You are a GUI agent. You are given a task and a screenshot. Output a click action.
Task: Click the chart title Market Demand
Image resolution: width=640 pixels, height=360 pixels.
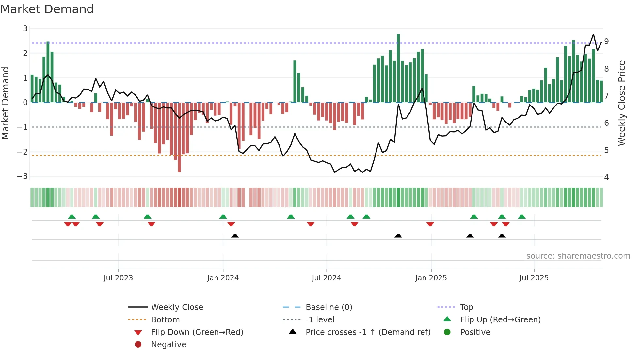[47, 9]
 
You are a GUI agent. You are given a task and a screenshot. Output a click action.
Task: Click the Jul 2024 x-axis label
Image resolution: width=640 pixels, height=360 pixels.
[326, 278]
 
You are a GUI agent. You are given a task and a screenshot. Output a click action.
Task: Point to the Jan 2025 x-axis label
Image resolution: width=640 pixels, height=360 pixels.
[431, 278]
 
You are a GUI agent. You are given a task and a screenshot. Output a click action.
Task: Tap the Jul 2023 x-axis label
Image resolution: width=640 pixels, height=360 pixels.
[118, 278]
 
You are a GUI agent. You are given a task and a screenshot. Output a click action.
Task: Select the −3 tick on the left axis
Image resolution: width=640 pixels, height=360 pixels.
[23, 176]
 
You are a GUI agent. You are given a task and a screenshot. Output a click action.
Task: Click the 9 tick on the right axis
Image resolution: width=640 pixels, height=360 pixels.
[606, 41]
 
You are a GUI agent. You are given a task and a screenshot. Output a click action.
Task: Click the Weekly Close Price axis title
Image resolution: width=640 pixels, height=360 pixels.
[622, 103]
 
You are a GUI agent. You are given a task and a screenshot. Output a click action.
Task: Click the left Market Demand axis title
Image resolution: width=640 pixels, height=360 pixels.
[6, 103]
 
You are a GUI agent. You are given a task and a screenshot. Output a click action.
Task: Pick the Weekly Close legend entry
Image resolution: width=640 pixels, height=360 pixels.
[177, 307]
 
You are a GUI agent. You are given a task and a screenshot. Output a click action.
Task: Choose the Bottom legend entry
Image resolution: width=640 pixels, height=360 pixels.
[165, 320]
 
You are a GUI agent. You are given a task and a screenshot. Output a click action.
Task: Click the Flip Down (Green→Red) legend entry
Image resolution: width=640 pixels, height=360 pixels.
[197, 332]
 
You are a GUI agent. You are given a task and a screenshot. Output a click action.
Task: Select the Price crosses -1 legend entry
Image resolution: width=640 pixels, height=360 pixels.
[368, 332]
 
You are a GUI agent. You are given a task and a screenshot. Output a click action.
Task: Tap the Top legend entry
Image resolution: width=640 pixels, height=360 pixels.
[466, 307]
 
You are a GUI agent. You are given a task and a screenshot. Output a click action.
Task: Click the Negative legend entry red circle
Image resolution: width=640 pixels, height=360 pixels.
[138, 345]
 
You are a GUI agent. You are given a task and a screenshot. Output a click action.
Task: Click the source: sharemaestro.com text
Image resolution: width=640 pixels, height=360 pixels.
[578, 256]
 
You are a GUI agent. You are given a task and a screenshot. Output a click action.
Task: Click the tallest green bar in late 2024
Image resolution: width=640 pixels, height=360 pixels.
[398, 68]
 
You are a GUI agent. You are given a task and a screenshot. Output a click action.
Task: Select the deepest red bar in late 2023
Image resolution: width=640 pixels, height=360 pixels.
[179, 137]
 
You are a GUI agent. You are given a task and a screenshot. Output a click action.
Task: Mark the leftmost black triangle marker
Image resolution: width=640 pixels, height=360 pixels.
[235, 236]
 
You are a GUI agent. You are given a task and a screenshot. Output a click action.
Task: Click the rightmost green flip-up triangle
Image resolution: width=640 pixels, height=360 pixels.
[521, 217]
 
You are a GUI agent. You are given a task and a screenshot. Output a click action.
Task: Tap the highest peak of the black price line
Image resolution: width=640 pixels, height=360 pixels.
[593, 34]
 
